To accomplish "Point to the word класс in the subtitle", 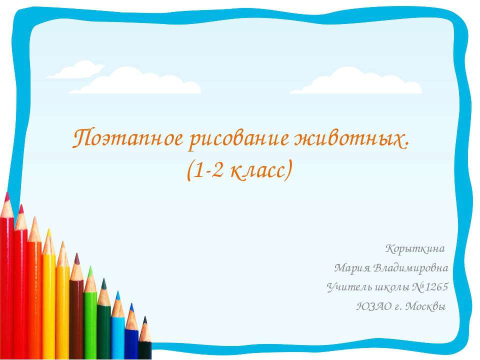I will coord(258,170).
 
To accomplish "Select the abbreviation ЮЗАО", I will coord(370,306).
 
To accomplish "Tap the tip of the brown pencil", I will coord(76,256).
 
